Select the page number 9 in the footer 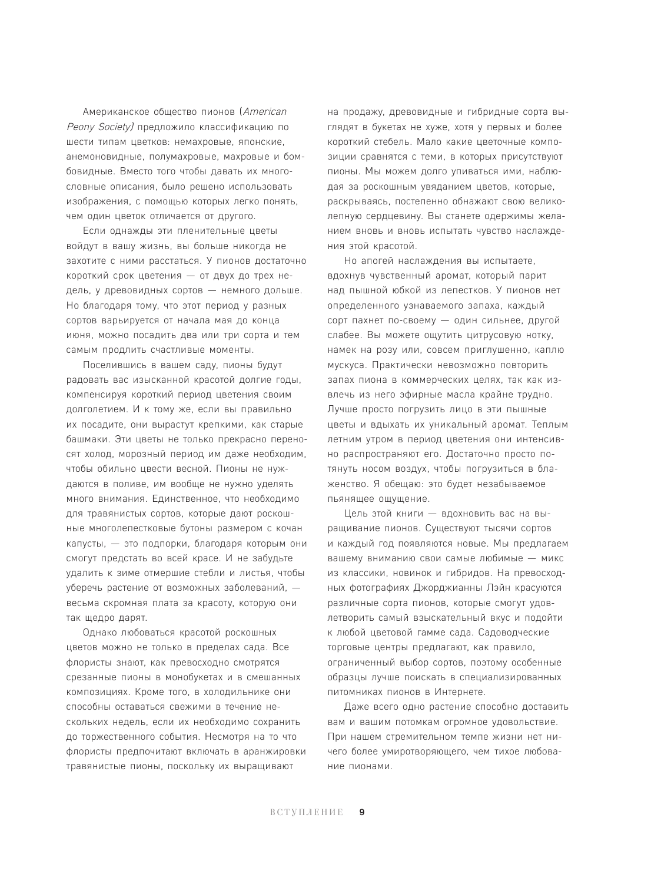362,812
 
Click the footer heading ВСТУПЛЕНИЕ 307,813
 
